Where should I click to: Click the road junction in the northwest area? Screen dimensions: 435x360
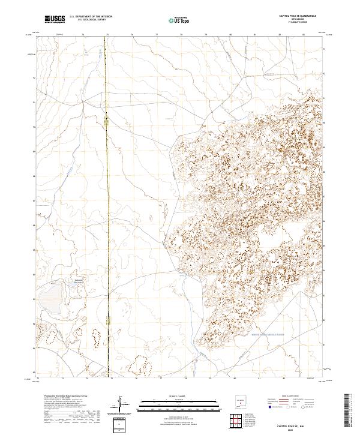click(x=84, y=101)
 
